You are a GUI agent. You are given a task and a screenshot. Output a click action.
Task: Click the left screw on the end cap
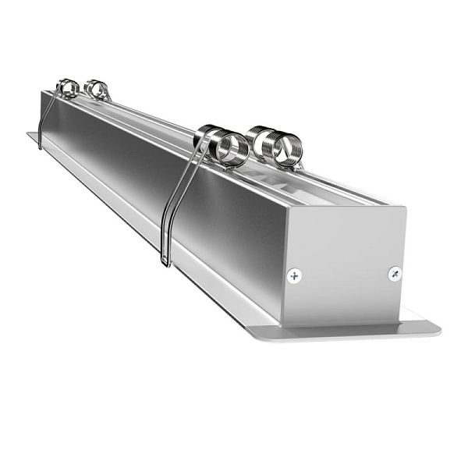pos(294,275)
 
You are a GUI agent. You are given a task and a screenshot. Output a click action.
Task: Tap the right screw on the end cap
pos(395,273)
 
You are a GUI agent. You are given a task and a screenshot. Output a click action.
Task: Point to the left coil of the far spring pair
pos(68,88)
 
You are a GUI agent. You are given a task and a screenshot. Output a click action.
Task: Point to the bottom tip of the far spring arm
pos(39,147)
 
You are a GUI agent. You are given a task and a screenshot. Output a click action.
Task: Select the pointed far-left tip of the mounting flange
pos(30,134)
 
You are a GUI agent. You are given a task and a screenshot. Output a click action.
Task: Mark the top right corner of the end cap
pos(405,207)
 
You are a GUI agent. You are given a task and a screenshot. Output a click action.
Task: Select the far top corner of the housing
pos(43,91)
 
